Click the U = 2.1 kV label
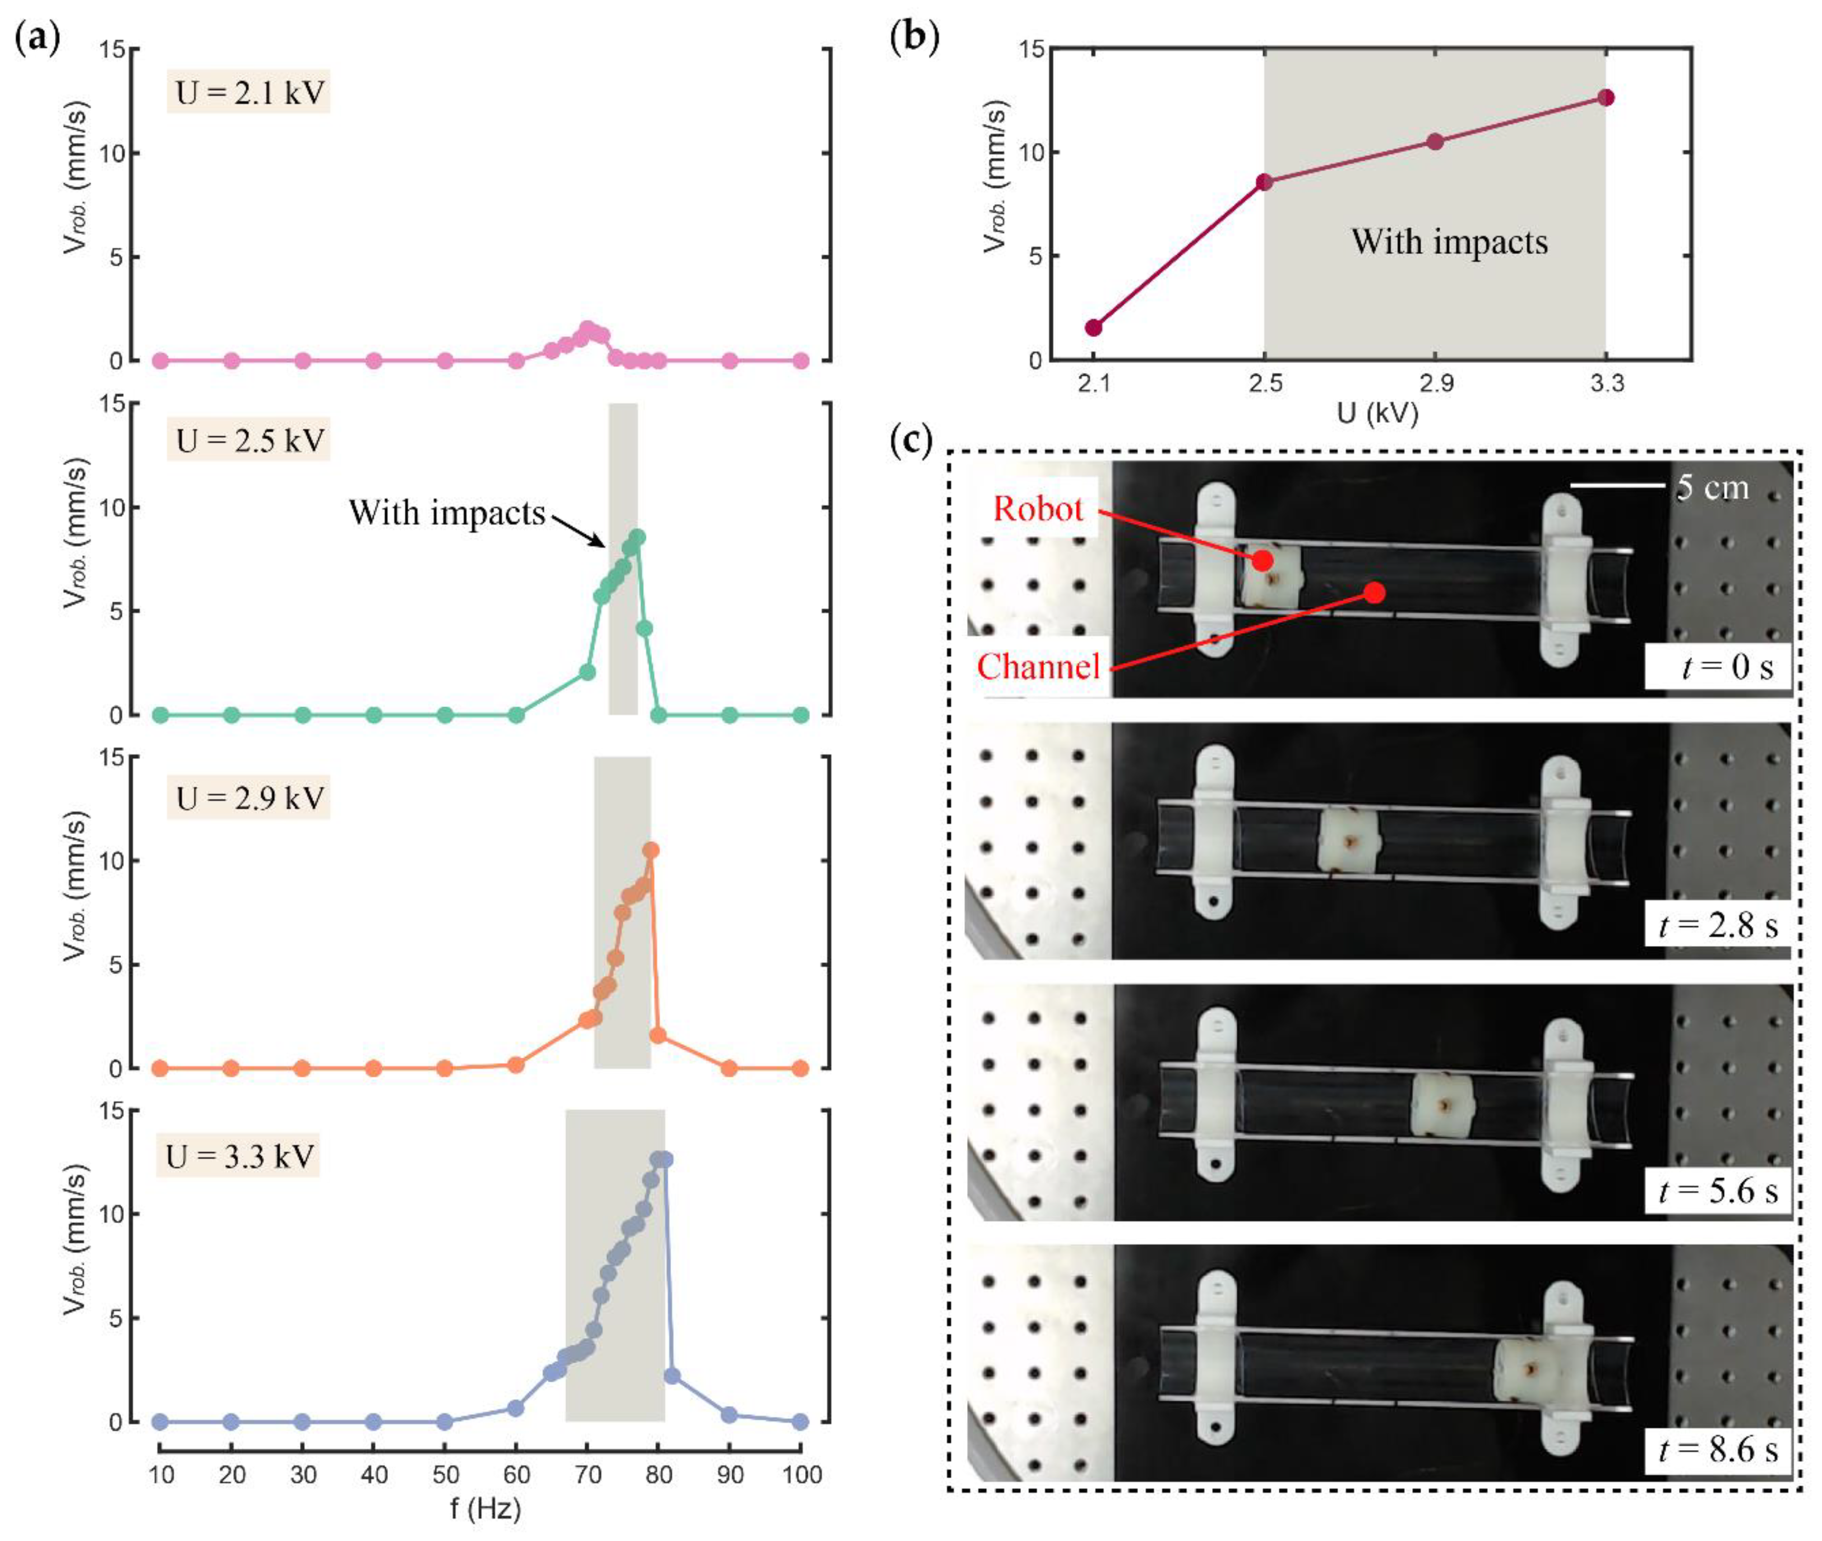coord(249,92)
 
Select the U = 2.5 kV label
coord(249,440)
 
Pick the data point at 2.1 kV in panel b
coord(1094,327)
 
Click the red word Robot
coord(1038,509)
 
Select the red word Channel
coord(1038,667)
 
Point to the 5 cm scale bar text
coord(1712,487)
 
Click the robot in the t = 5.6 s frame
coord(1443,1105)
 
